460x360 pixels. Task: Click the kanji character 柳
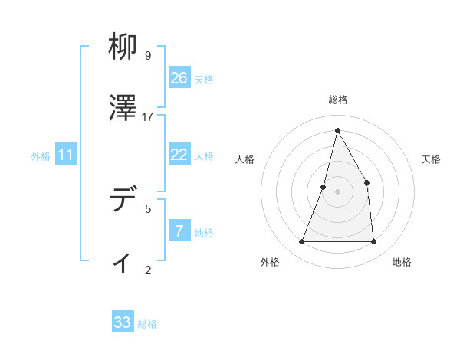pos(122,47)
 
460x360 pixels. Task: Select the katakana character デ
pos(122,200)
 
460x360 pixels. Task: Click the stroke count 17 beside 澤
pos(148,116)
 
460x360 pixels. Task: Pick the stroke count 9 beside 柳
pos(148,55)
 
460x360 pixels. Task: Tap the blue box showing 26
pos(179,78)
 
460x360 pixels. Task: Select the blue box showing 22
pos(179,155)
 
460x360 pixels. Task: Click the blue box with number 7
pos(179,231)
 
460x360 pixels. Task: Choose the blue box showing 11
pos(66,155)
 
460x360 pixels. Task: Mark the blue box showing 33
pos(123,322)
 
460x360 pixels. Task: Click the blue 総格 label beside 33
pos(147,324)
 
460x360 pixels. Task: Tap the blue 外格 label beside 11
pos(41,156)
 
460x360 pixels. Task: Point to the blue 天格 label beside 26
pos(204,80)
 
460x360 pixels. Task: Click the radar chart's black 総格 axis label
pos(338,100)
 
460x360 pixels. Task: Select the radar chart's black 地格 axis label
pos(402,262)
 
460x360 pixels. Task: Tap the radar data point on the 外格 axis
pos(301,242)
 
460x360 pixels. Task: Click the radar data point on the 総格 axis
pos(337,129)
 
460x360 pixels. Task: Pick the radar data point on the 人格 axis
pos(324,187)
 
